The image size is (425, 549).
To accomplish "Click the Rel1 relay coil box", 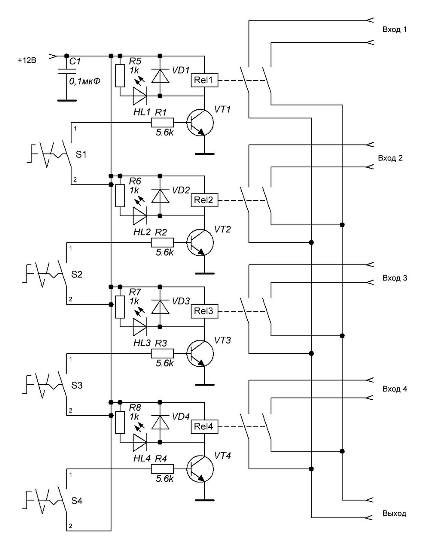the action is tap(204, 80).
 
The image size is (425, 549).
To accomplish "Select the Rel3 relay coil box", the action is tap(204, 311).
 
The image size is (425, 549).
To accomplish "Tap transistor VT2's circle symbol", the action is tap(200, 242).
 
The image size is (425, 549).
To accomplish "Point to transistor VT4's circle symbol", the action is tap(200, 469).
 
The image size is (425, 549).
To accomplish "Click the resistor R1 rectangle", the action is tap(162, 123).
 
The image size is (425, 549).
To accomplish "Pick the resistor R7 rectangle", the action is tap(120, 307).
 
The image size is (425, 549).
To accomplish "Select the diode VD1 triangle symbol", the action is tap(160, 75).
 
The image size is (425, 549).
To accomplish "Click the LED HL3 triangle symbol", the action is tap(140, 327).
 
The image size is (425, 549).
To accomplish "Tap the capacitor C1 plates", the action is tap(66, 71).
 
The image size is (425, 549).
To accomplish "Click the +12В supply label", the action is tap(27, 60).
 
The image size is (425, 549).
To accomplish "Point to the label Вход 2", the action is tap(390, 158).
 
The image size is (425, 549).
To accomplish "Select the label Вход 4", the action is tap(395, 389).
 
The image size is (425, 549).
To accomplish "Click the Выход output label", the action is tap(395, 513).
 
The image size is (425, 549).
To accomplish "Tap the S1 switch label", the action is tap(81, 154).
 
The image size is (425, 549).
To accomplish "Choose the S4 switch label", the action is tap(76, 501).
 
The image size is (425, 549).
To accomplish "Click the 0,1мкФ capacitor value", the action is tap(85, 81).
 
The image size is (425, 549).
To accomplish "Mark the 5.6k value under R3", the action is tap(164, 363).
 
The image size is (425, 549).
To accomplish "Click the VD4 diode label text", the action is tap(181, 416).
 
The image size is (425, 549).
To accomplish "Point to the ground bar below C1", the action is tap(67, 100).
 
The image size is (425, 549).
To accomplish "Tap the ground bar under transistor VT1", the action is tap(204, 154).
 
